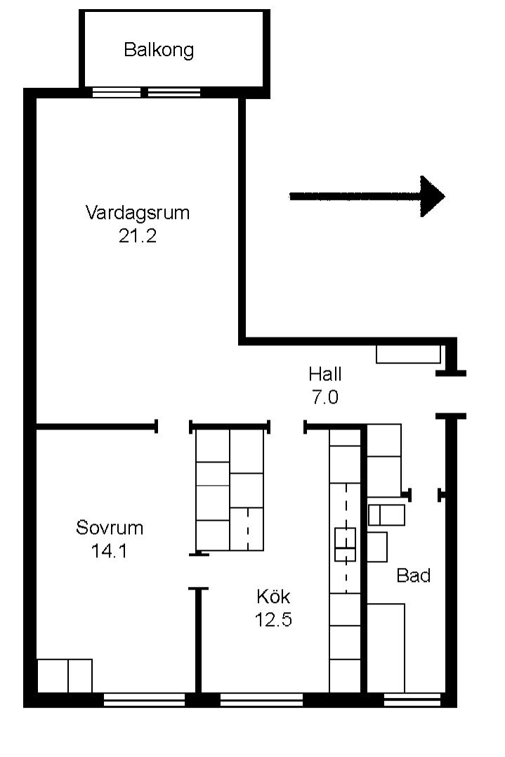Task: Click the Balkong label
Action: pyautogui.click(x=159, y=50)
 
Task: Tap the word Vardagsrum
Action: pyautogui.click(x=138, y=212)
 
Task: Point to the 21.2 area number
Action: pyautogui.click(x=138, y=235)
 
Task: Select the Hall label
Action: pyautogui.click(x=325, y=374)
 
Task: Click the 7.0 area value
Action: pyautogui.click(x=325, y=397)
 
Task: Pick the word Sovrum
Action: pyautogui.click(x=110, y=527)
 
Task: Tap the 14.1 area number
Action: pyautogui.click(x=110, y=550)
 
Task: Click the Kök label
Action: pyautogui.click(x=273, y=596)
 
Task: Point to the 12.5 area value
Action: pyautogui.click(x=273, y=619)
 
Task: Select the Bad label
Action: pyautogui.click(x=414, y=575)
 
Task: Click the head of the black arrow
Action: pyautogui.click(x=432, y=197)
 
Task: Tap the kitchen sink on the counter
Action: pyautogui.click(x=346, y=545)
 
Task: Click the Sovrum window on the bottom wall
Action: pyautogui.click(x=144, y=699)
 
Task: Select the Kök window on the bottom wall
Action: pyautogui.click(x=261, y=699)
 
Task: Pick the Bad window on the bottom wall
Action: pyautogui.click(x=412, y=699)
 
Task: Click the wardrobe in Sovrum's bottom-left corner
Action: pyautogui.click(x=65, y=676)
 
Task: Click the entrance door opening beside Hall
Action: pyautogui.click(x=451, y=394)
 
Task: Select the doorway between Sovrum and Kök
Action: pyautogui.click(x=198, y=571)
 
